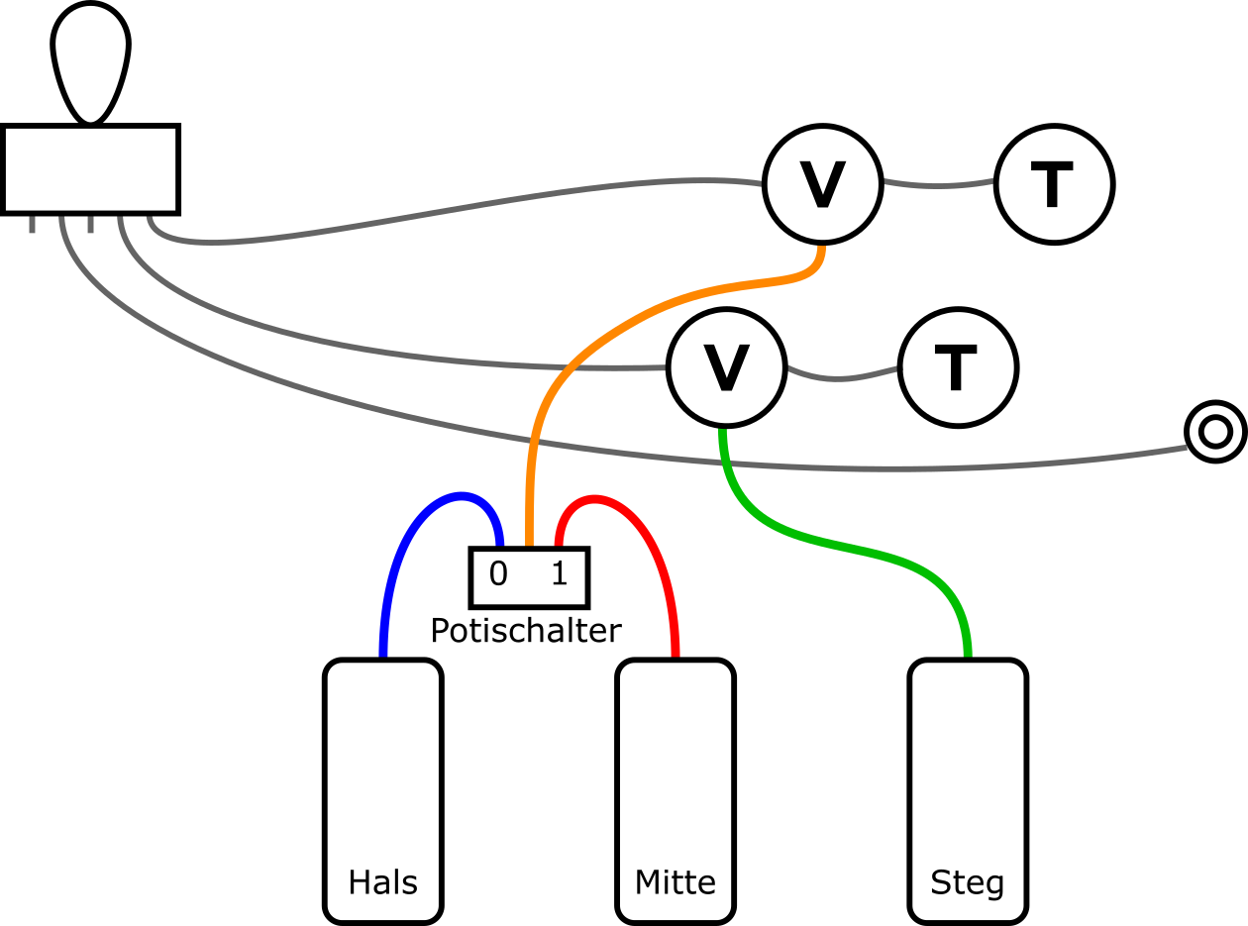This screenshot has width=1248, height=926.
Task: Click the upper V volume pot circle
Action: tap(822, 184)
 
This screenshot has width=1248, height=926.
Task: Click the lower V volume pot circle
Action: tap(727, 367)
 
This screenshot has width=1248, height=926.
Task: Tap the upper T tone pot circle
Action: tap(1055, 184)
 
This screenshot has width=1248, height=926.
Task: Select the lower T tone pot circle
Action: tap(958, 367)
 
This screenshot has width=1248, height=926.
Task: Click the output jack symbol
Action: tap(1215, 432)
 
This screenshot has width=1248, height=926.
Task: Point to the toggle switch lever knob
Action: tap(90, 59)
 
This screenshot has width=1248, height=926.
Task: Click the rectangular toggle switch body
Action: tap(90, 168)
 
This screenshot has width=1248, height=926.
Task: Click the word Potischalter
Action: tap(526, 631)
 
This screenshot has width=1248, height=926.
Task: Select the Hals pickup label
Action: tap(382, 882)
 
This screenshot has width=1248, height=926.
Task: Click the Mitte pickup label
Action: tap(676, 882)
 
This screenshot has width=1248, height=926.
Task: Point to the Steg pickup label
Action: tap(968, 882)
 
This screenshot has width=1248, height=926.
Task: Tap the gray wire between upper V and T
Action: tap(938, 186)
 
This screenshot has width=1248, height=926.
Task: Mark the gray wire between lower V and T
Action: tap(842, 378)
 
